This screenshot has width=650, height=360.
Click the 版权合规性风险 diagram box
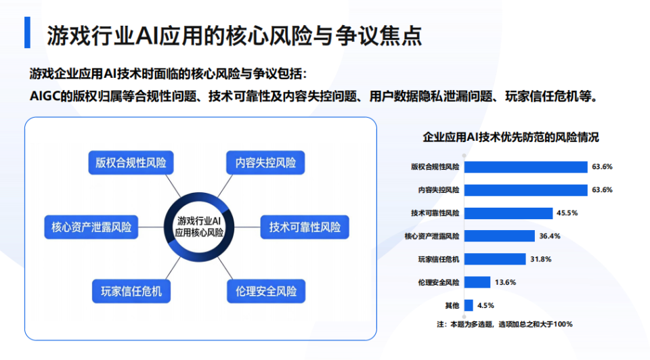(131, 163)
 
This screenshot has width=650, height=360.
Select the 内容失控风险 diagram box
(265, 163)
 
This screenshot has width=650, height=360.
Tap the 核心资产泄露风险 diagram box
(91, 227)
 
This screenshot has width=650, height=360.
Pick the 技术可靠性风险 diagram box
(304, 227)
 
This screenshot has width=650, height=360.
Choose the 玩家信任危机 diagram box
(131, 291)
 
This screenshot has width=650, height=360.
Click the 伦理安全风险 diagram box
(265, 291)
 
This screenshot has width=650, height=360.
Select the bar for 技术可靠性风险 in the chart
(507, 212)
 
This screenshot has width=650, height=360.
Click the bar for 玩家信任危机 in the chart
(495, 259)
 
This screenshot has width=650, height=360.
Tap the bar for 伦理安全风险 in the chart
(477, 282)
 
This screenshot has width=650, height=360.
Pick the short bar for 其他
(468, 305)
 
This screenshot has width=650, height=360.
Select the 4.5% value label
(486, 305)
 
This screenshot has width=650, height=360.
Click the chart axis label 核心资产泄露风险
(432, 236)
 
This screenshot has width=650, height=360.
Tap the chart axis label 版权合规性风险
(435, 167)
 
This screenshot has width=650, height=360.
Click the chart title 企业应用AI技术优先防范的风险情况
(511, 137)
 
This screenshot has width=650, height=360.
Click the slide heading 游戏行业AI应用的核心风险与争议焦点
(234, 36)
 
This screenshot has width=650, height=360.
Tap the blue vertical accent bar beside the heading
(27, 34)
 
